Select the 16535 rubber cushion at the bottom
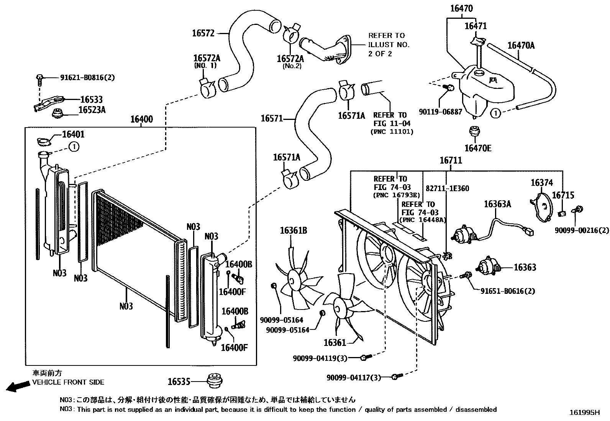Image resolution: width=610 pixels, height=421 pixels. tap(215, 380)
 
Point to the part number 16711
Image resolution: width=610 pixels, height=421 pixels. tap(451, 161)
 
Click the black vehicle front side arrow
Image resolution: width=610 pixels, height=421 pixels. tap(18, 386)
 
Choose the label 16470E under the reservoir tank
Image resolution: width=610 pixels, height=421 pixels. tap(477, 148)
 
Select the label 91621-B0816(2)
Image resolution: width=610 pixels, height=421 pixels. tap(87, 77)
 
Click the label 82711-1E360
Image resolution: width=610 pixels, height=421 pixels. tap(447, 188)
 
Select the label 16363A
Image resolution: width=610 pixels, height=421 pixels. tap(497, 204)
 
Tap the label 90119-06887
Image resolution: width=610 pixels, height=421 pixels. tap(440, 112)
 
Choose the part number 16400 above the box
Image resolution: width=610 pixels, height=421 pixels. tap(141, 119)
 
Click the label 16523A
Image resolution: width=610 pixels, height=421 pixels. tap(92, 110)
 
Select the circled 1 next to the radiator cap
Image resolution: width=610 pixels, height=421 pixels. tap(74, 146)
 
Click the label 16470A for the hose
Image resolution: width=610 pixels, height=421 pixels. tap(521, 45)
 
